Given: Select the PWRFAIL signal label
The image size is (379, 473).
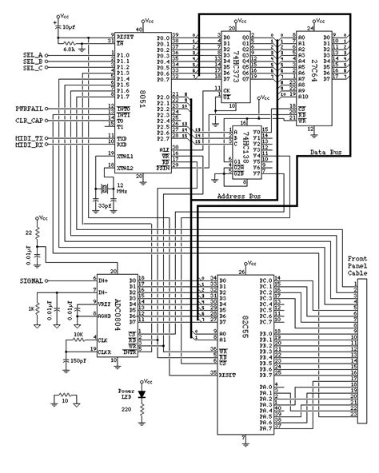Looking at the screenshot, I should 30,107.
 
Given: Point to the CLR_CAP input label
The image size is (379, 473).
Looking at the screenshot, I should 30,121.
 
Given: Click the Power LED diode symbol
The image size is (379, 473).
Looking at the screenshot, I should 142,394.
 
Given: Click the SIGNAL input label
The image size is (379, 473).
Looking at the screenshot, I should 27,280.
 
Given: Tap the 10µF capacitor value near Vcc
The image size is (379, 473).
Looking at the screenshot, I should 70,26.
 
